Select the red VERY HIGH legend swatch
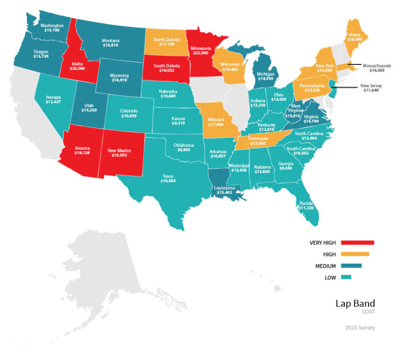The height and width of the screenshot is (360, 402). (357, 243)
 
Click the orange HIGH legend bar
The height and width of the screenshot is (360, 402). (354, 254)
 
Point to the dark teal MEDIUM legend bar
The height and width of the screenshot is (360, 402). (351, 266)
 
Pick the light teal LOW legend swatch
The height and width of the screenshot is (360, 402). (345, 277)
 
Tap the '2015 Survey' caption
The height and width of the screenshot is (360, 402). (360, 328)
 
